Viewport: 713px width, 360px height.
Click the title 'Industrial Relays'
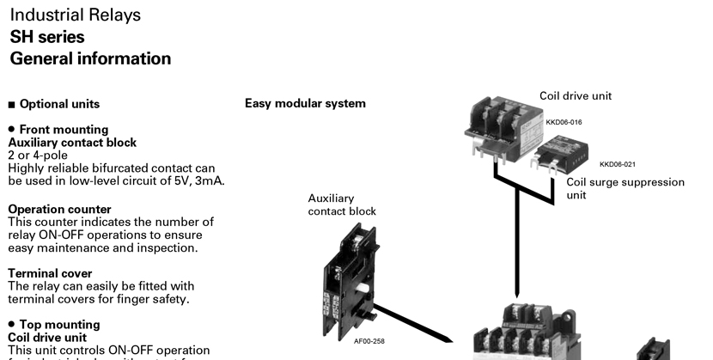point(76,15)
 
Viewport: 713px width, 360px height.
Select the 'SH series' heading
point(47,37)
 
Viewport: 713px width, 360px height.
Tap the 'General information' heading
point(90,59)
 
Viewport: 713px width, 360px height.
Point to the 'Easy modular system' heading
point(305,104)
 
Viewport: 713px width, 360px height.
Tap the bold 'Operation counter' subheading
point(59,209)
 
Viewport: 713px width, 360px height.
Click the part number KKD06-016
point(564,123)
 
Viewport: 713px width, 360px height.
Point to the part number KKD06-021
point(617,164)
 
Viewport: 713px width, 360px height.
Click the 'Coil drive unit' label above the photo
point(576,96)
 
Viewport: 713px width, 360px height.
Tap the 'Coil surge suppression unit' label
point(625,188)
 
